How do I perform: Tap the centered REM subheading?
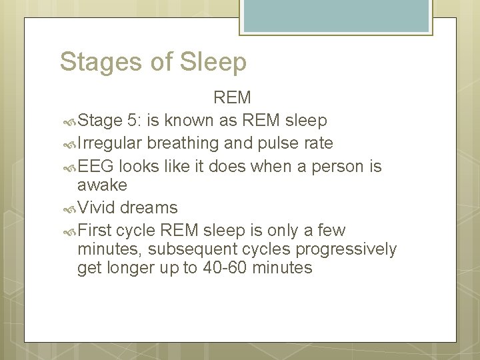pyautogui.click(x=232, y=98)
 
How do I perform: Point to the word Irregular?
pyautogui.click(x=110, y=143)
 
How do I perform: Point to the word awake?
pyautogui.click(x=102, y=185)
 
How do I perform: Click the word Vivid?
pyautogui.click(x=97, y=207)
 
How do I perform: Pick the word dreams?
pyautogui.click(x=149, y=207)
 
